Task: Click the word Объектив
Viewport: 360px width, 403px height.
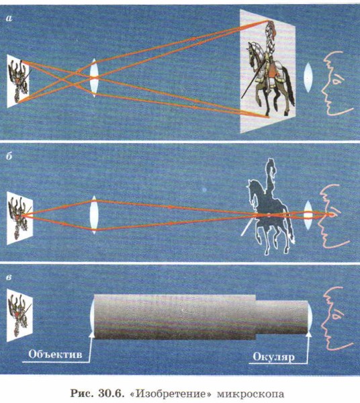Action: click(x=55, y=354)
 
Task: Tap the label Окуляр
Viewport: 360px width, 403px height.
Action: click(x=273, y=357)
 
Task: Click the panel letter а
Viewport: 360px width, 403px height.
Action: click(x=9, y=19)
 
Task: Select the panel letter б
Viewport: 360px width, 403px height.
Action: click(x=9, y=156)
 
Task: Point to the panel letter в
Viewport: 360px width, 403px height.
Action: click(x=9, y=277)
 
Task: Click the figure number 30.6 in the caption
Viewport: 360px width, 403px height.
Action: click(x=109, y=394)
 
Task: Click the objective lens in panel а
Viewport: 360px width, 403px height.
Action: click(x=94, y=78)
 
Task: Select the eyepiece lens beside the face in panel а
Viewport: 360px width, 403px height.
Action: click(x=308, y=77)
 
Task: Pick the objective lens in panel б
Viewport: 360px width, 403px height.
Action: click(x=94, y=215)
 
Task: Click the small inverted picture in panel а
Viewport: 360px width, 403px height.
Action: click(x=18, y=81)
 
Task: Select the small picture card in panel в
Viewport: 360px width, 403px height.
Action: click(x=19, y=315)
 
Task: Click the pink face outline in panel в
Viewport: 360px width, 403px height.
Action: click(x=337, y=320)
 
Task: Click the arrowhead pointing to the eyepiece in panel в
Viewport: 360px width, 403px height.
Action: click(x=308, y=333)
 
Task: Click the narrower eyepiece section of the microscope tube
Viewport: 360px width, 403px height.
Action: click(x=282, y=317)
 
